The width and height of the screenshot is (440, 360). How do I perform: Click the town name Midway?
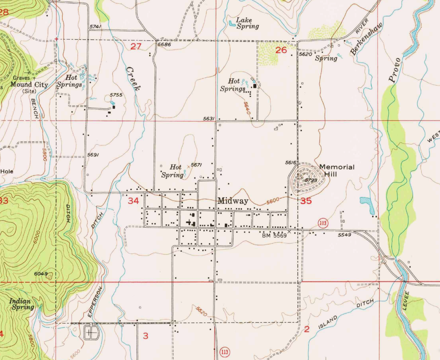233,201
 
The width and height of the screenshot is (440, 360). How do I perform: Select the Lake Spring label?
247,23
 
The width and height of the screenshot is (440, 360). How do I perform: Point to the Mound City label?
29,85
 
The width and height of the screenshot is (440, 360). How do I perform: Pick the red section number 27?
135,47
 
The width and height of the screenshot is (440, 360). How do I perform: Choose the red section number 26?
281,50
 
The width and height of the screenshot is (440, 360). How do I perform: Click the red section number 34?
133,201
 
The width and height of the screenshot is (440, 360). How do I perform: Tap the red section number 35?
306,201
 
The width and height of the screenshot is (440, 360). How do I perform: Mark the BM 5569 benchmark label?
274,236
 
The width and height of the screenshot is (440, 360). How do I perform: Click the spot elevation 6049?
41,274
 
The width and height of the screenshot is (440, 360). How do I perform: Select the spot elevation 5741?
94,27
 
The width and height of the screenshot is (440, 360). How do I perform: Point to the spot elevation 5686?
164,45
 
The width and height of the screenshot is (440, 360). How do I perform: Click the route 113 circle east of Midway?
323,223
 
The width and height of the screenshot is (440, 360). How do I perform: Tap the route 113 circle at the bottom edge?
224,352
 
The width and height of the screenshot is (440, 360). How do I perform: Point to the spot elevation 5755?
116,95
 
